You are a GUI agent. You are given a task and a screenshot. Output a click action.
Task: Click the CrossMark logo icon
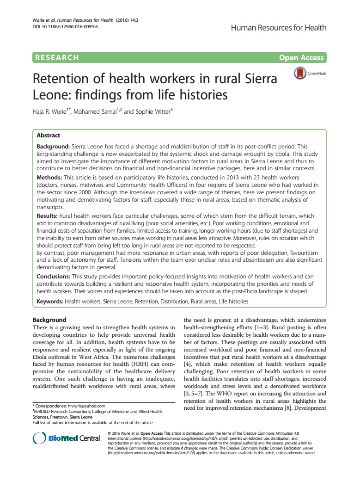pyautogui.click(x=301, y=73)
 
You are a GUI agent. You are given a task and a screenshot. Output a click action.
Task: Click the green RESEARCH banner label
pyautogui.click(x=56, y=58)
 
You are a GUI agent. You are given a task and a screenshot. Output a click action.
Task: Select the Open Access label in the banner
pyautogui.click(x=301, y=58)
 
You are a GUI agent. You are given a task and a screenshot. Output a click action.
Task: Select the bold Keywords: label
pyautogui.click(x=50, y=301)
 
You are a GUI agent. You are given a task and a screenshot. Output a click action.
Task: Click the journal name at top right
pyautogui.click(x=278, y=28)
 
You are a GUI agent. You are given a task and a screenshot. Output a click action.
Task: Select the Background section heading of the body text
pyautogui.click(x=49, y=320)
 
